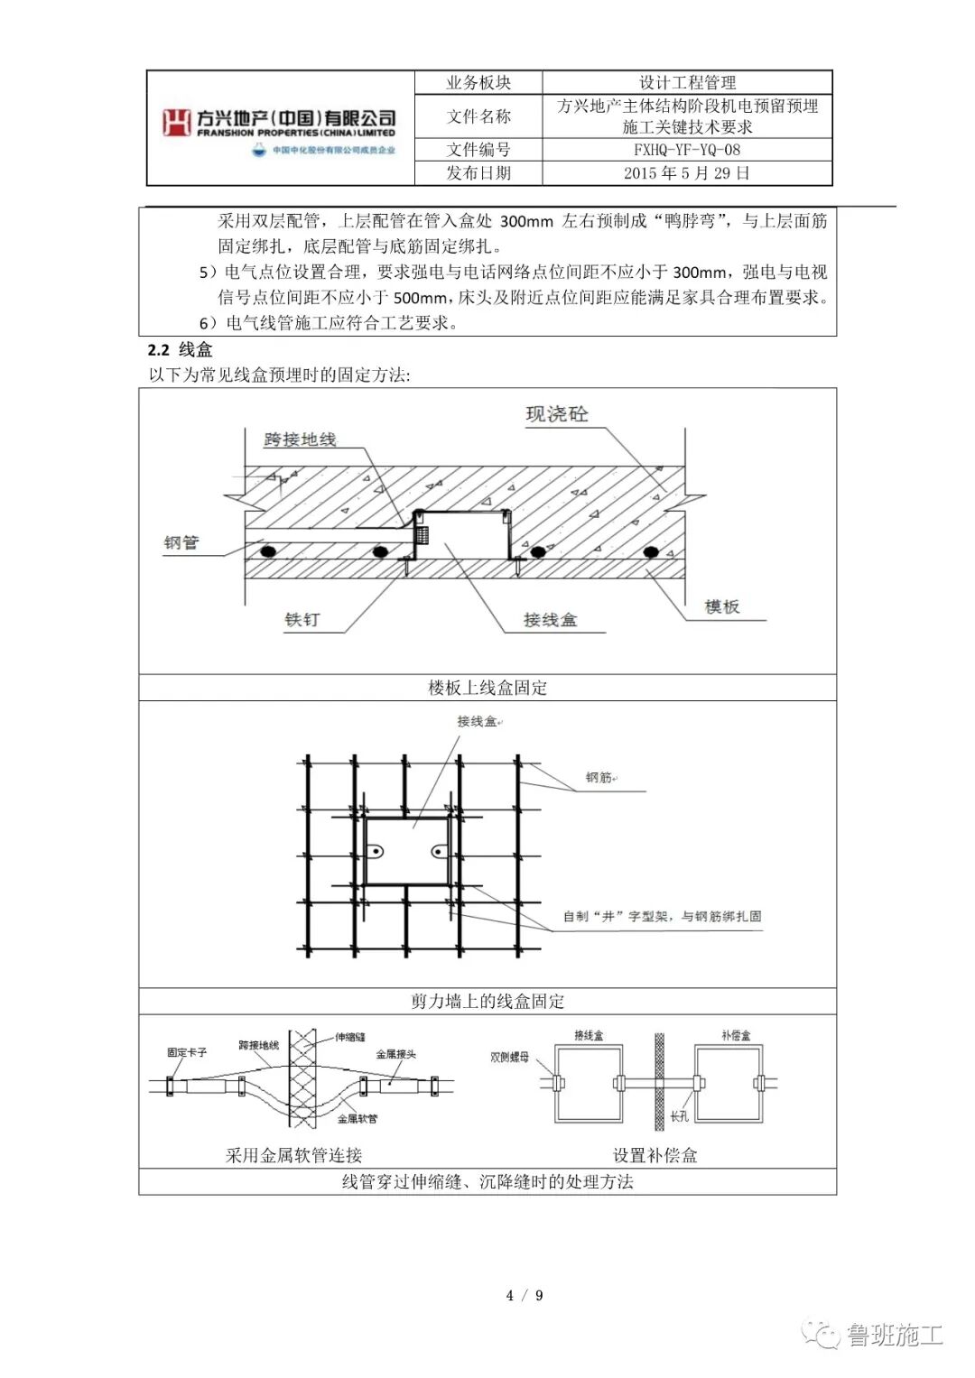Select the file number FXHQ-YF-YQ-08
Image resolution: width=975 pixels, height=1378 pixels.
[686, 150]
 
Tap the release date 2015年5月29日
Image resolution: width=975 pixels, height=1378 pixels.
[686, 173]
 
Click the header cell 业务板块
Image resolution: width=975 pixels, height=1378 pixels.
[478, 83]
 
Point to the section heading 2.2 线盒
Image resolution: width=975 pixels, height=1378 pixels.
[181, 350]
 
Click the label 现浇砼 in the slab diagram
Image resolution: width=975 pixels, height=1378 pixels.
[557, 414]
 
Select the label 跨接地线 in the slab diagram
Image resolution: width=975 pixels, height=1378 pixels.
[300, 439]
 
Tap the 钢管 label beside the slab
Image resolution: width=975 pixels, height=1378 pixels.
[181, 542]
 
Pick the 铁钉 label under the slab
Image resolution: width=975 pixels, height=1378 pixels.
[302, 620]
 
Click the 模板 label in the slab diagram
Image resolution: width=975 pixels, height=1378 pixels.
[722, 607]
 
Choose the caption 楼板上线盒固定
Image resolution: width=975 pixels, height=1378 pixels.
[487, 688]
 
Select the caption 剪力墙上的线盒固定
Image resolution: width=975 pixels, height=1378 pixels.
[487, 1001]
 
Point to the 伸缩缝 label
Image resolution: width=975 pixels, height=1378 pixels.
[350, 1037]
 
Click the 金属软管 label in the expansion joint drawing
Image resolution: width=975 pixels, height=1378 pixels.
[357, 1119]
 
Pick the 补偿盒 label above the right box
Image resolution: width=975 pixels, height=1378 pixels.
[736, 1035]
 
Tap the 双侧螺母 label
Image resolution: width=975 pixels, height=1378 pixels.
[509, 1057]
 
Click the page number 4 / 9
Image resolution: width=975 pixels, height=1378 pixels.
[525, 1296]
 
